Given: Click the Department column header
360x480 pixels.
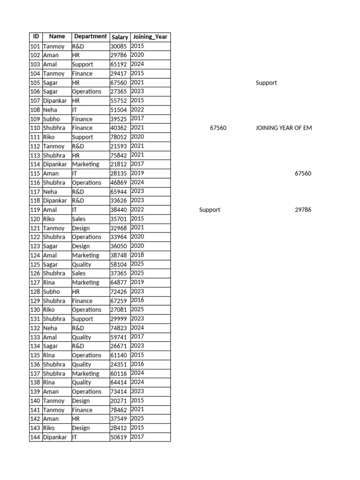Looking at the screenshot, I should point(90,37).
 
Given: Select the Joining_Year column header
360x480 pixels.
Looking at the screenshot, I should point(150,37).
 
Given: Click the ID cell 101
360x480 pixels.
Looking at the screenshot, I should point(35,46).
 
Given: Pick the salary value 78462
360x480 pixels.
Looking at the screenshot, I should point(118,410).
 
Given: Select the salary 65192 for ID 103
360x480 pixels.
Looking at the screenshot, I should point(118,65).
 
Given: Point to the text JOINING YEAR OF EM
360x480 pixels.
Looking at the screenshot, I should point(284,128).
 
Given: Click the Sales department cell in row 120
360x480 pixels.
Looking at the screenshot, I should point(79,219).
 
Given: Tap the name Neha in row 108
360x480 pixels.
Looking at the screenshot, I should point(50,110).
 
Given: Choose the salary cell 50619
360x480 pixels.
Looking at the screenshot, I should point(118,437).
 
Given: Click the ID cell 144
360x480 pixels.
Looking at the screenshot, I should point(35,437).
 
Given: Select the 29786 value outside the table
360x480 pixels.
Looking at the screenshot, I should point(303,210).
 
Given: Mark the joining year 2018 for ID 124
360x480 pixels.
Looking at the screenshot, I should point(137,255).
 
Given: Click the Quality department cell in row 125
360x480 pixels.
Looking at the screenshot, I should point(82,264).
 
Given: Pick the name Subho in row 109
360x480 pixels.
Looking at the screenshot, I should point(51,119).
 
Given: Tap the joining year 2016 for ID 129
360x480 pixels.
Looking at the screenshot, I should point(137,300).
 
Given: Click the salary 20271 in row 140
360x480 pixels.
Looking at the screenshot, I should point(118,401).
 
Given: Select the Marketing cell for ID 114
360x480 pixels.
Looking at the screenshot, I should point(85,165).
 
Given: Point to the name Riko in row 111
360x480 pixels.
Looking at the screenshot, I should point(49,137).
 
